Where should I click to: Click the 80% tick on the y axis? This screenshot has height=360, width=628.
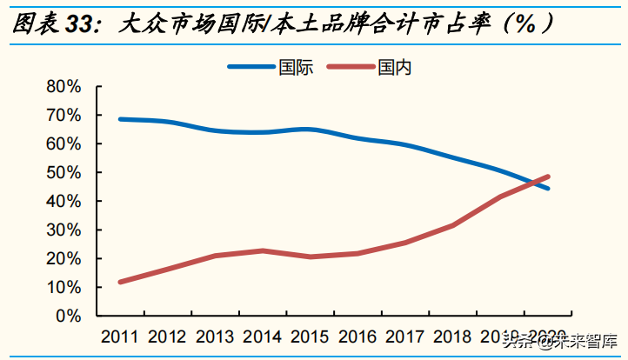pos(63,87)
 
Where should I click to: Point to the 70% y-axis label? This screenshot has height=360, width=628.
pos(63,116)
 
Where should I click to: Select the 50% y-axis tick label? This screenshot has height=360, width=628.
pos(63,173)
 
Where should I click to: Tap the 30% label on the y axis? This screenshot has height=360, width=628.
pos(63,230)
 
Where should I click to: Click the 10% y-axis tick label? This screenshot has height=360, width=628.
pos(63,288)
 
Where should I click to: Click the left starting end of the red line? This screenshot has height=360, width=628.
pos(120,282)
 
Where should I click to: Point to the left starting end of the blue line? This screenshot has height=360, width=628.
pos(120,119)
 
